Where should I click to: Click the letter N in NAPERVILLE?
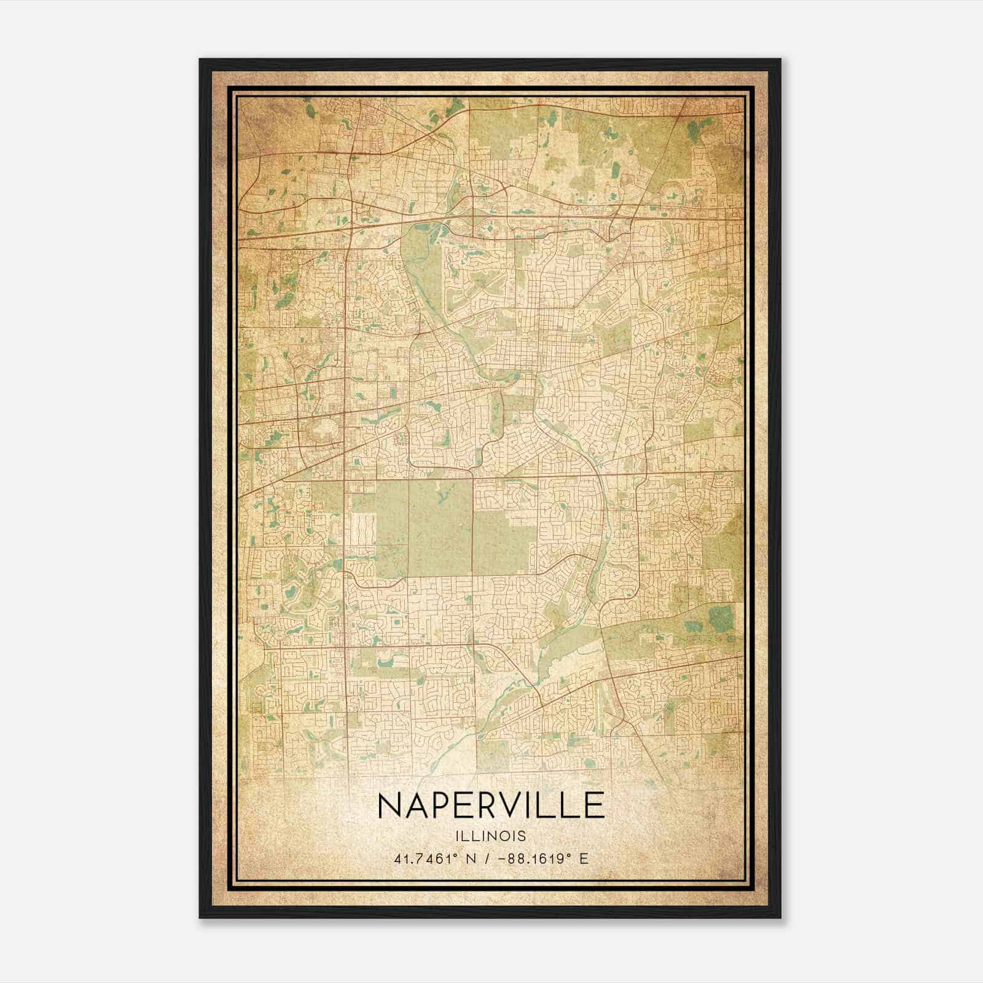(391, 805)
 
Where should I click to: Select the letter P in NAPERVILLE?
(447, 805)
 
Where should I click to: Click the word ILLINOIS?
(491, 836)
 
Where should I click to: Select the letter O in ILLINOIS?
(504, 836)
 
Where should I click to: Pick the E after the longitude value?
(584, 858)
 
